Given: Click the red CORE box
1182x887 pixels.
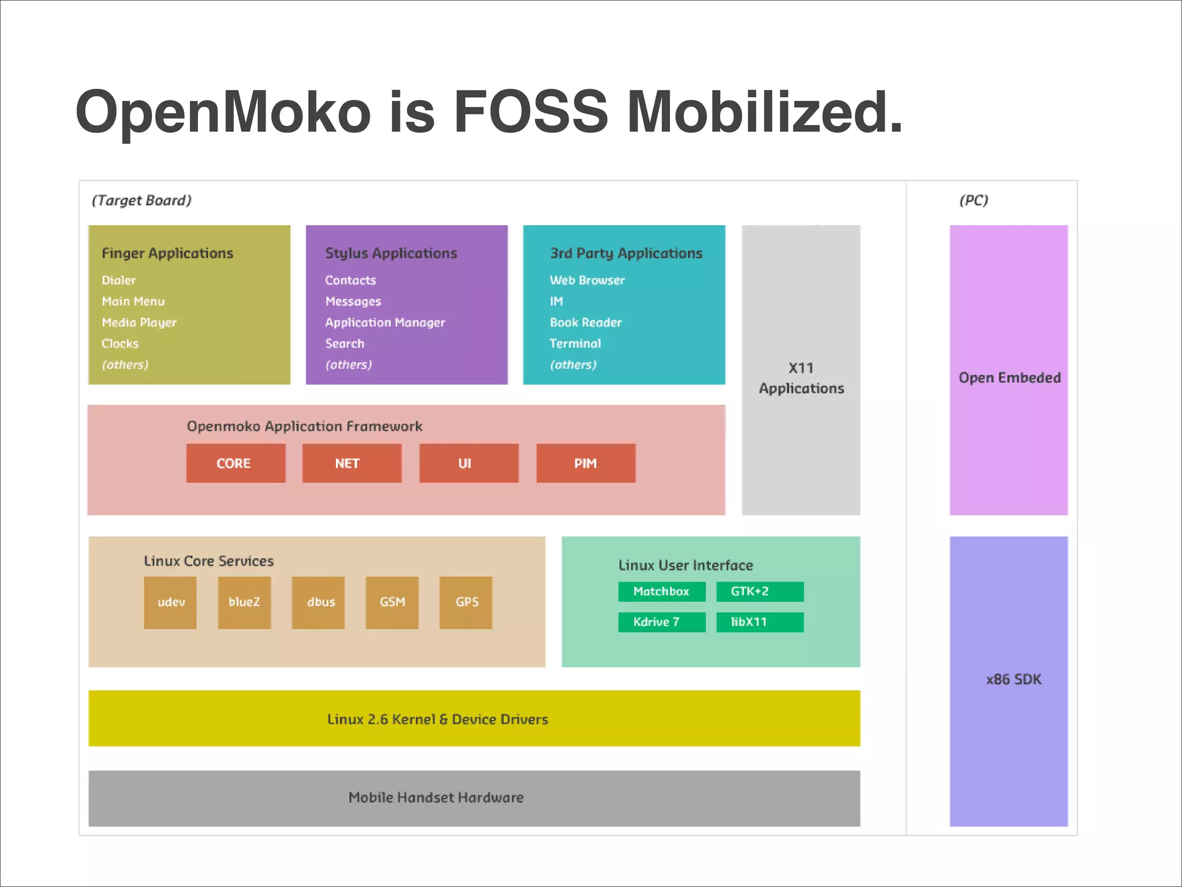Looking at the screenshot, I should pyautogui.click(x=235, y=463).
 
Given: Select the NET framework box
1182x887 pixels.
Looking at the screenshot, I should pyautogui.click(x=351, y=463).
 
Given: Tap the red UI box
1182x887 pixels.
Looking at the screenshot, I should pyautogui.click(x=468, y=463).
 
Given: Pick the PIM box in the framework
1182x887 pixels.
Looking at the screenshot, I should pyautogui.click(x=585, y=463).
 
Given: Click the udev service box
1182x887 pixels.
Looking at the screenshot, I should pyautogui.click(x=170, y=602).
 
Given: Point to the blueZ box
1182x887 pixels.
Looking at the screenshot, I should pyautogui.click(x=244, y=602).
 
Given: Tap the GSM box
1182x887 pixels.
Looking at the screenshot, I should pyautogui.click(x=392, y=602).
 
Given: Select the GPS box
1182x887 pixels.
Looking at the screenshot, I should pyautogui.click(x=466, y=602).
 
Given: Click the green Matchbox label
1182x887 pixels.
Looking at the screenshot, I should pyautogui.click(x=661, y=591).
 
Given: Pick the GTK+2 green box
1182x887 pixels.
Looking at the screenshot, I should pyautogui.click(x=760, y=591).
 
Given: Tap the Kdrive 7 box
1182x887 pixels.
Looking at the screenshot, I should pyautogui.click(x=661, y=622).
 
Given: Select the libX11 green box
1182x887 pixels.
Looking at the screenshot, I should pyautogui.click(x=760, y=622).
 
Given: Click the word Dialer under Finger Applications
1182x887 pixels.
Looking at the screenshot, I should pyautogui.click(x=119, y=280).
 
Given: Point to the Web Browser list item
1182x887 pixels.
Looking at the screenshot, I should pyautogui.click(x=587, y=280).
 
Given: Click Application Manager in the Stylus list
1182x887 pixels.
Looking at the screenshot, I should pyautogui.click(x=385, y=322).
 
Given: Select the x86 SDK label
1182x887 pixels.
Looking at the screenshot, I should pyautogui.click(x=1013, y=679).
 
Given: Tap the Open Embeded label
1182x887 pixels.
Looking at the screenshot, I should pyautogui.click(x=1009, y=378).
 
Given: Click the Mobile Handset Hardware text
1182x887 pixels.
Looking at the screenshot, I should pyautogui.click(x=436, y=797).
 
